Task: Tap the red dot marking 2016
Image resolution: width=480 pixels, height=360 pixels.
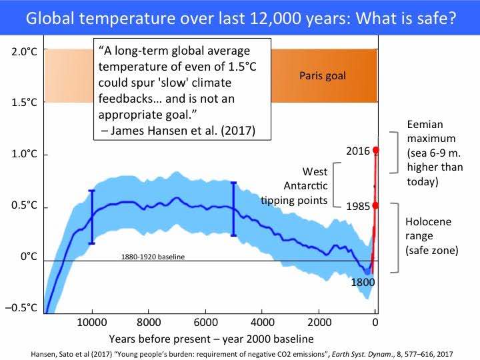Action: pyautogui.click(x=375, y=150)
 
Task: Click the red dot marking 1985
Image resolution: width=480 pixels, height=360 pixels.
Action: pyautogui.click(x=375, y=205)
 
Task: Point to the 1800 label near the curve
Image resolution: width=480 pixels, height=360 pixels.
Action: pyautogui.click(x=363, y=282)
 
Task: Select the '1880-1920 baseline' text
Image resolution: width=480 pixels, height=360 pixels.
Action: pyautogui.click(x=153, y=257)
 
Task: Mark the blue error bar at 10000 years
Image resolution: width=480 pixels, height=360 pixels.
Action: pyautogui.click(x=92, y=217)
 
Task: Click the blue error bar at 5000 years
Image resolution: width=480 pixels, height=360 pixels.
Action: pyautogui.click(x=233, y=208)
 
